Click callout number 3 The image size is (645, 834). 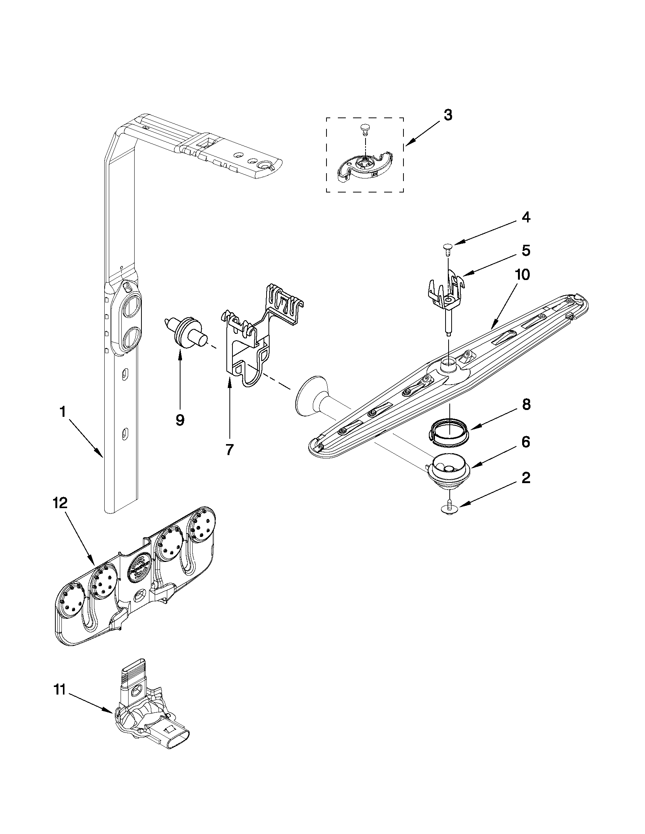448,114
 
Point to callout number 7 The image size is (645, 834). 229,450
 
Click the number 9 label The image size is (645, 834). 180,420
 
